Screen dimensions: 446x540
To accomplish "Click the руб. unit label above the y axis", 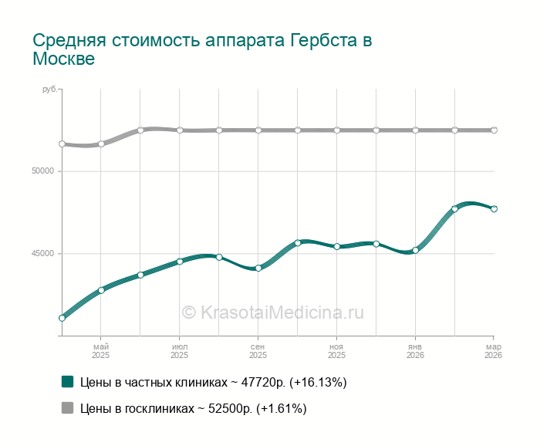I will coord(49,90).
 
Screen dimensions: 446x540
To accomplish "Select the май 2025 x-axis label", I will coord(101,351).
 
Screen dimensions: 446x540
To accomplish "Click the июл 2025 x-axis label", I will coord(180,351).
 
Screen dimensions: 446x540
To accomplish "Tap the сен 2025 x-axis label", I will coord(258,351).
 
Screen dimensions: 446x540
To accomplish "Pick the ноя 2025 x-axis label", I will coord(337,351).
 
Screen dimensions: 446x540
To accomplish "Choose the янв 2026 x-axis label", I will coord(415,351).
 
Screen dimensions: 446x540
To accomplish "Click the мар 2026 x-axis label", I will coord(494,351).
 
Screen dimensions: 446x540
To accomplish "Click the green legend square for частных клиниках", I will coord(68,382).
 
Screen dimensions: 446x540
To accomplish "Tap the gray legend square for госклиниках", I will coord(68,408).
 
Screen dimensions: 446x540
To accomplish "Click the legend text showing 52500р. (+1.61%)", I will coord(194,408).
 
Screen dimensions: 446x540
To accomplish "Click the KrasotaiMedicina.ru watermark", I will coord(272,313).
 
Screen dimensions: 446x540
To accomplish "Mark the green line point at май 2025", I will coord(101,290).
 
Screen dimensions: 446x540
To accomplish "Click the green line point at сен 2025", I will coord(258,269).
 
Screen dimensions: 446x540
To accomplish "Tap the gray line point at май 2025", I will coord(101,144).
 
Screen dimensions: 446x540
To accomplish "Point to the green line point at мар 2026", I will coord(494,209).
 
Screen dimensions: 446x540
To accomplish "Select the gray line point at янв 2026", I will coord(415,130).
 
